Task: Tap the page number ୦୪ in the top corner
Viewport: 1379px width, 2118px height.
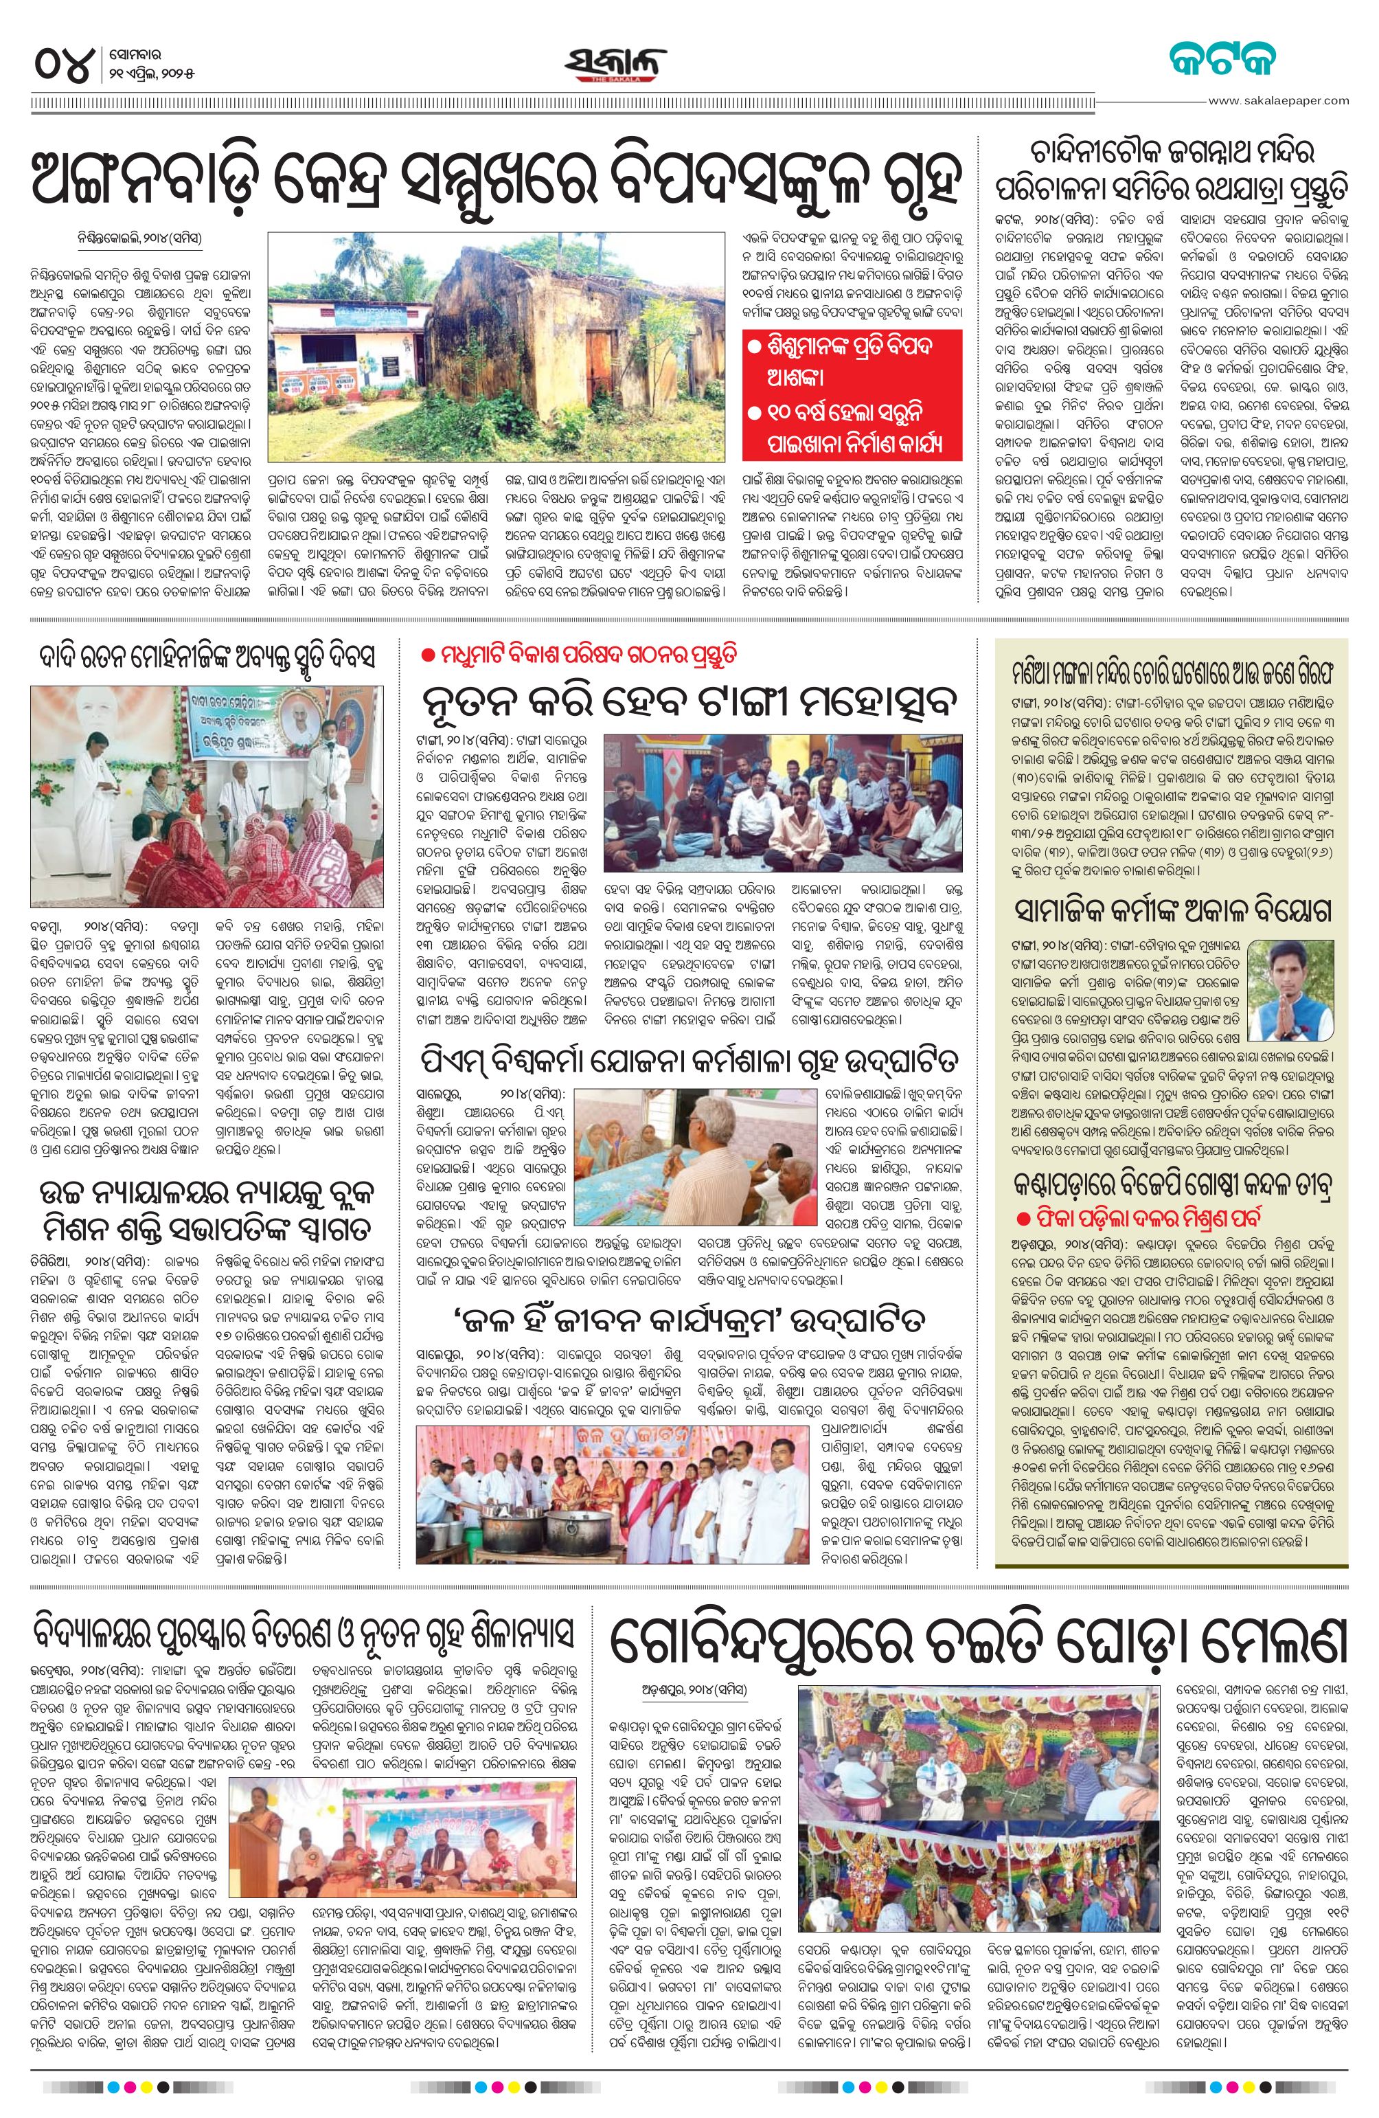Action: coord(64,64)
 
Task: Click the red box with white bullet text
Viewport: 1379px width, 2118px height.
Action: coord(853,394)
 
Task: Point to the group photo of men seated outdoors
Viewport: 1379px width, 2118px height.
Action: coord(783,789)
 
